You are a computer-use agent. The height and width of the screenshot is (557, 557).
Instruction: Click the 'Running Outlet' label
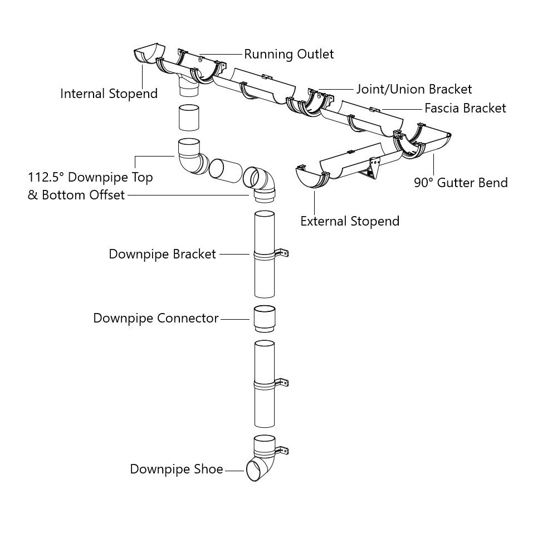pos(289,54)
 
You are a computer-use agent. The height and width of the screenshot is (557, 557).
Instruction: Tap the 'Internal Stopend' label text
pos(109,94)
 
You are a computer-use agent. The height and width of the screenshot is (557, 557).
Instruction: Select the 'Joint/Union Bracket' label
pos(414,89)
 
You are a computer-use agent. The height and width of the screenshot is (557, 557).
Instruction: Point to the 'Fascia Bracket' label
pos(465,108)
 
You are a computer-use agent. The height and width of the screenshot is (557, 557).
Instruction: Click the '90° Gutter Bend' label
pos(461,183)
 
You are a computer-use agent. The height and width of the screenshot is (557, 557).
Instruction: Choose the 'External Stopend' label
pos(350,221)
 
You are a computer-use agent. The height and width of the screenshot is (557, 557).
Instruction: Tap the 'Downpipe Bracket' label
pos(162,255)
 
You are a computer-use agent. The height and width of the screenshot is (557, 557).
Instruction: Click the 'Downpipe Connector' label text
pos(156,319)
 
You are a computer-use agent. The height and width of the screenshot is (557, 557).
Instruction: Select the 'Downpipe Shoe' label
pos(177,470)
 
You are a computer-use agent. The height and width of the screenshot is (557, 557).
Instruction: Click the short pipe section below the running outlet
pos(189,118)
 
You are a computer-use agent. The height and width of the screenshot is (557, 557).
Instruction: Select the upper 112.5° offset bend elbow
pos(191,156)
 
